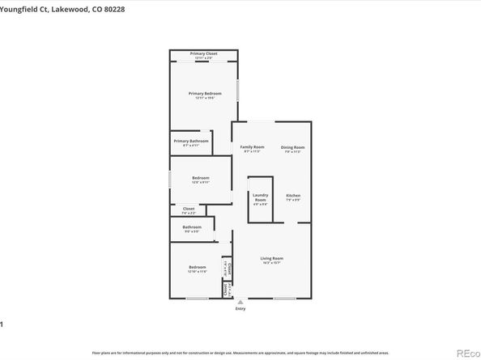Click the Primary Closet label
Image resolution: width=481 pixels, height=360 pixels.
(203, 53)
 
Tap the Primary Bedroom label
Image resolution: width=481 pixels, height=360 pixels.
(205, 94)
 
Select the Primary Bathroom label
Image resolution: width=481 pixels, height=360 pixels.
(191, 141)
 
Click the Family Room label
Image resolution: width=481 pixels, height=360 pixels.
(253, 147)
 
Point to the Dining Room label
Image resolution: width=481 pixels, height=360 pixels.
(292, 147)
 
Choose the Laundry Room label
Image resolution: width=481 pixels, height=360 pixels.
(260, 196)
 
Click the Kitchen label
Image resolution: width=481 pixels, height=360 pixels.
(293, 196)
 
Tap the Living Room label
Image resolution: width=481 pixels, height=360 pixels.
(271, 259)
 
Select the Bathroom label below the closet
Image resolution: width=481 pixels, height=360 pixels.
(192, 227)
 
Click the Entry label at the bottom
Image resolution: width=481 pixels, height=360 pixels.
(240, 309)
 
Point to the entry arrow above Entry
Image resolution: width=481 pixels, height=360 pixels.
(240, 302)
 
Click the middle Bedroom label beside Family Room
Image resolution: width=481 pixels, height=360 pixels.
(200, 178)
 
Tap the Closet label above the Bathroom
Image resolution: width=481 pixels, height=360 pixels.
(188, 209)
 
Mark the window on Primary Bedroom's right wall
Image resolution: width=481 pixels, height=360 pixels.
(237, 89)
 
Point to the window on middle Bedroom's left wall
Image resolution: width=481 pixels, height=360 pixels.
(169, 179)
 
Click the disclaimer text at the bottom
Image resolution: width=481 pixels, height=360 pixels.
(240, 352)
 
